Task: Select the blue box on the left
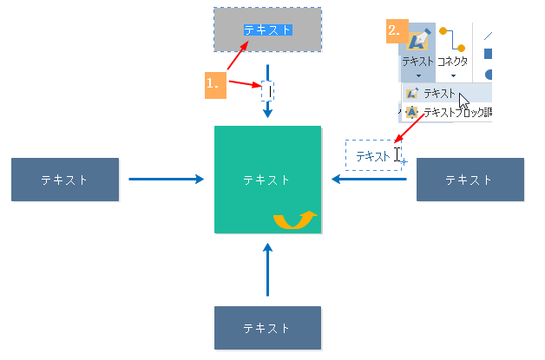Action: (x=65, y=180)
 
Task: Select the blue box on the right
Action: (x=470, y=180)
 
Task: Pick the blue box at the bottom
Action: (x=267, y=328)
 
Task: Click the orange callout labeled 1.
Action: (x=215, y=84)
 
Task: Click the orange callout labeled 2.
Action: (x=396, y=30)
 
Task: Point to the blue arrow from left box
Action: (x=166, y=180)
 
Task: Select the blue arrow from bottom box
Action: (x=267, y=271)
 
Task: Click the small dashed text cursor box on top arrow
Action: (x=267, y=90)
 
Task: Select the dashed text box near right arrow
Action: (x=373, y=155)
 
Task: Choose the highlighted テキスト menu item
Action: (x=438, y=93)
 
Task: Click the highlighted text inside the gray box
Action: (x=267, y=29)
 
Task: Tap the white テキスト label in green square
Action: (x=267, y=180)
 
